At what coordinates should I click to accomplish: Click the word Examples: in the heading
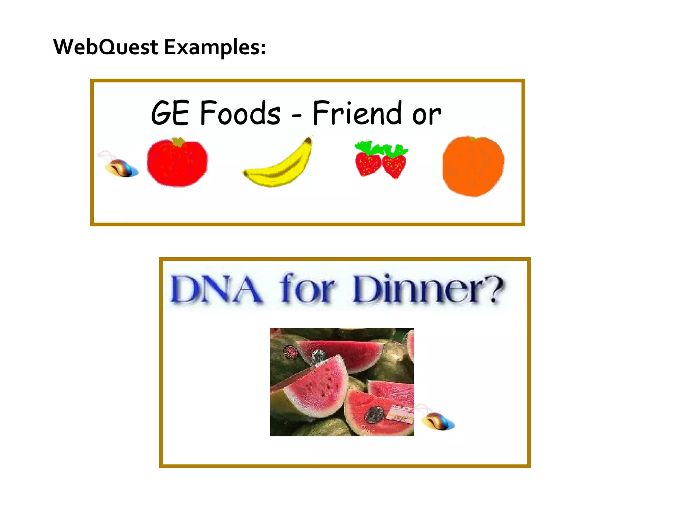215,47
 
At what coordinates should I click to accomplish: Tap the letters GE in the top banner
170,113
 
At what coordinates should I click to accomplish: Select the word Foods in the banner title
240,113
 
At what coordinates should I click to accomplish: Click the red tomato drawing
177,164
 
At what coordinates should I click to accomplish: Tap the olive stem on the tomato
178,142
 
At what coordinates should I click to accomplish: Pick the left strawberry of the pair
368,164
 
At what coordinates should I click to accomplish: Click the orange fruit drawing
473,166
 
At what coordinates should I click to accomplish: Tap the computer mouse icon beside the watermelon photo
437,420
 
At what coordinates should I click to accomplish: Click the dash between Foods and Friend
296,116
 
